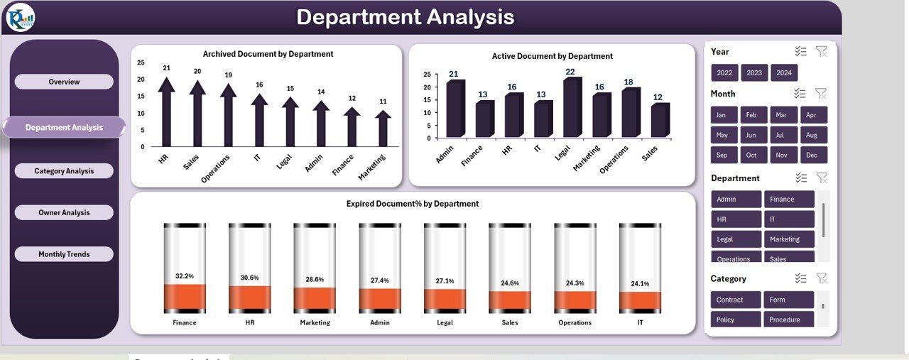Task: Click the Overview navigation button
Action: (64, 82)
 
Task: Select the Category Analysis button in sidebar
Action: (64, 171)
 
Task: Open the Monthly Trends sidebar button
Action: (64, 254)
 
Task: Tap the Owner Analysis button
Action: (64, 212)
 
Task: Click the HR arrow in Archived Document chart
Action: (166, 114)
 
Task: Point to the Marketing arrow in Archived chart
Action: (383, 129)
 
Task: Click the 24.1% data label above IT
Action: (640, 284)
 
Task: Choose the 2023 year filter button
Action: (754, 73)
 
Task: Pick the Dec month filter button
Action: (814, 155)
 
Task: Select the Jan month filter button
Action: (722, 115)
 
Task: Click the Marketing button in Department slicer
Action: (789, 239)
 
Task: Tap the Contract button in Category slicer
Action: (736, 300)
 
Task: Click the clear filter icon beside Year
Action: (822, 51)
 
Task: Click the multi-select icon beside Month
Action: (800, 93)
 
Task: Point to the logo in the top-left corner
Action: (20, 18)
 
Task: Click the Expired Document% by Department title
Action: (412, 204)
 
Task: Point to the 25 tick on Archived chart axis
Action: (141, 62)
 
